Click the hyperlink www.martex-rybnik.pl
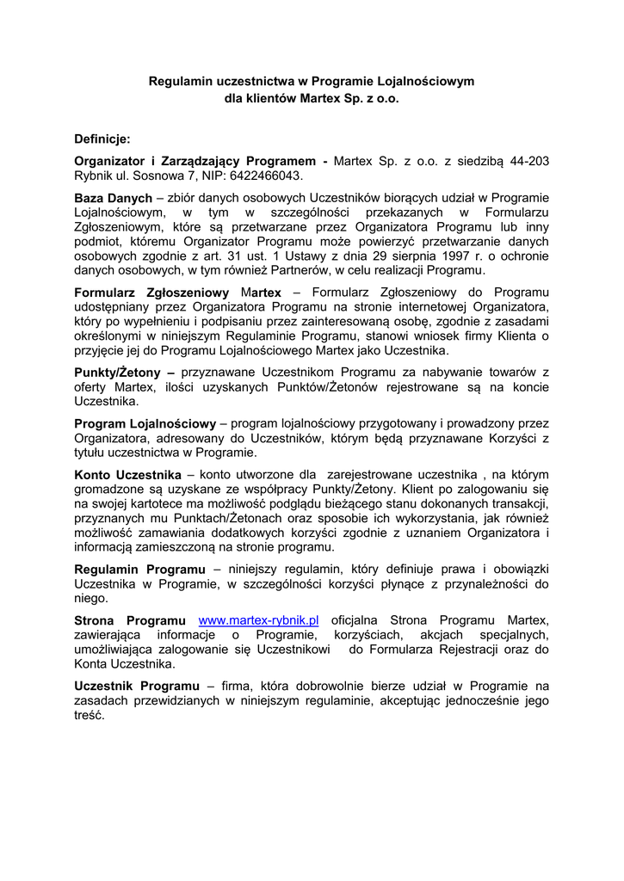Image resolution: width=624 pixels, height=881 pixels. point(259,620)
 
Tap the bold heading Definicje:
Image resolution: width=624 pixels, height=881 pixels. point(102,138)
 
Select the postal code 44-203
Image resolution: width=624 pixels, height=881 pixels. point(528,161)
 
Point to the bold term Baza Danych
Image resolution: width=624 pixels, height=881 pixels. point(113,198)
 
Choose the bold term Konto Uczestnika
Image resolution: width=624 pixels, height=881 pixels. point(127,475)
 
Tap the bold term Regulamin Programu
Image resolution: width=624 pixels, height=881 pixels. point(139,570)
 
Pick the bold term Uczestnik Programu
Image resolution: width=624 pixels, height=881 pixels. point(137,686)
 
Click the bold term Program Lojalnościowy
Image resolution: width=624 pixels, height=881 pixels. point(145,423)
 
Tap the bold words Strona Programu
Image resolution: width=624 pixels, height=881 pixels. point(130,620)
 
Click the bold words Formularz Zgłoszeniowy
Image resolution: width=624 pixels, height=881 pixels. point(151,293)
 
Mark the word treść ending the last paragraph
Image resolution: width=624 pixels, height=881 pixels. point(89,715)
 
